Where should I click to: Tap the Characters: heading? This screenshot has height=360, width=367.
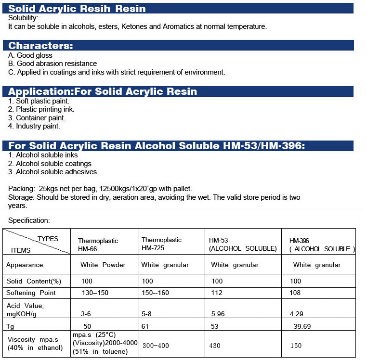click(41, 46)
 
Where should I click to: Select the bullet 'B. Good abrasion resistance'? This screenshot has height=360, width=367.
click(52, 64)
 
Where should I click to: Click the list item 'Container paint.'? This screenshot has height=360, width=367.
click(37, 118)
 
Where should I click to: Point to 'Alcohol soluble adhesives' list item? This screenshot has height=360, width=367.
click(52, 172)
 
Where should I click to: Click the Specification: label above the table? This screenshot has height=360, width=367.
click(29, 220)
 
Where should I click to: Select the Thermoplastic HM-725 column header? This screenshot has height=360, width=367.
click(161, 244)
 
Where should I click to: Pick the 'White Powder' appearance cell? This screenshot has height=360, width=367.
click(103, 265)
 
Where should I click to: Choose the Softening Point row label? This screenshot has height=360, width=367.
click(31, 293)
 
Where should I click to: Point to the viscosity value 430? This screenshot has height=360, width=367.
click(215, 346)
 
